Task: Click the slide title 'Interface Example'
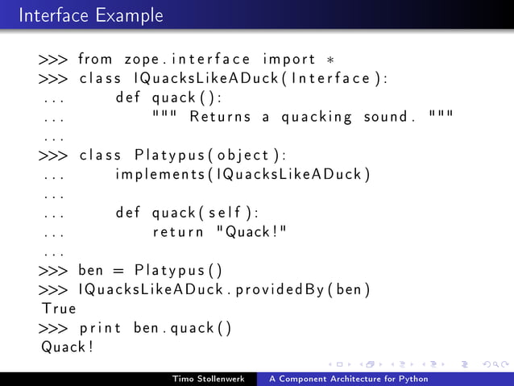90,15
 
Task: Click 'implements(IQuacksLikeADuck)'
242,175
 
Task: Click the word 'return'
178,233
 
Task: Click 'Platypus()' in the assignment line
178,272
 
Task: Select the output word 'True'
59,309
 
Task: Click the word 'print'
100,329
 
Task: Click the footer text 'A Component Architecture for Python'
349,379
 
